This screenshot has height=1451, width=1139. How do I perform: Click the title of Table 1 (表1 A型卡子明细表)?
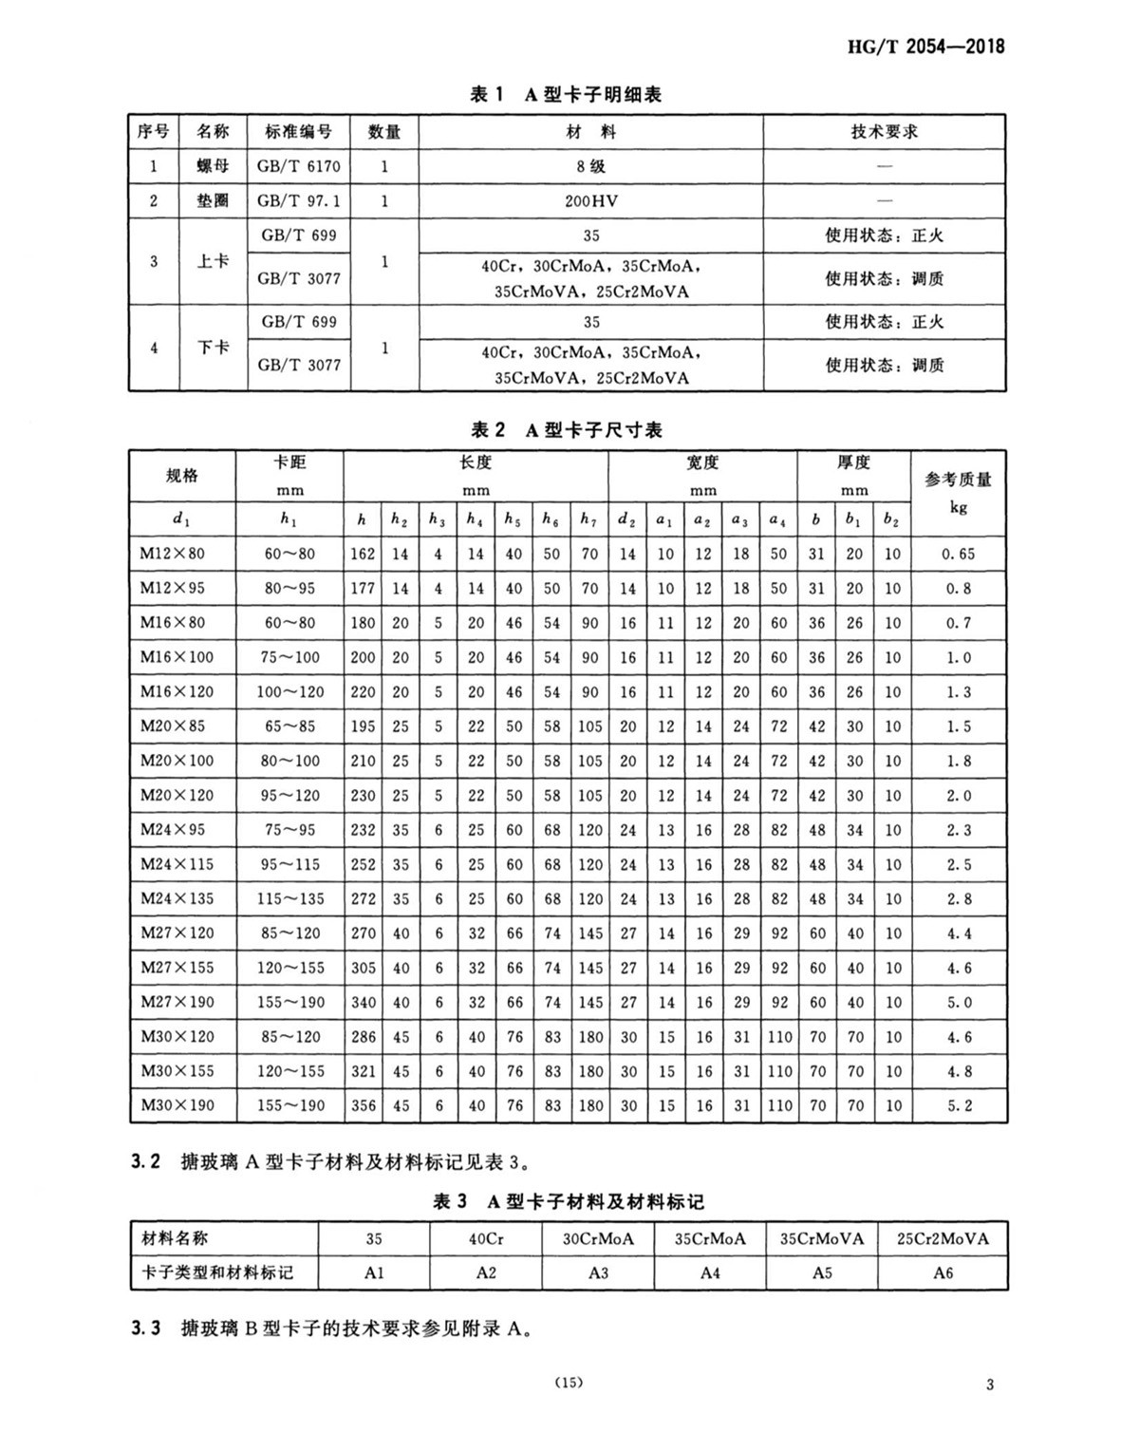567,94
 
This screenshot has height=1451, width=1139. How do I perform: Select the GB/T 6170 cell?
298,166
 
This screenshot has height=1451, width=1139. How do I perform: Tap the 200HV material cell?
590,201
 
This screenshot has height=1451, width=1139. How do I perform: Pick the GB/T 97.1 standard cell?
298,201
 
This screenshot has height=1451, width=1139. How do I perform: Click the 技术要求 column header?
884,132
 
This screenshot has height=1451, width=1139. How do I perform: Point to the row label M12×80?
173,554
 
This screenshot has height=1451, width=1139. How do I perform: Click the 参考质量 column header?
958,480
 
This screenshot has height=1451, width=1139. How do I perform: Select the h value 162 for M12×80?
363,554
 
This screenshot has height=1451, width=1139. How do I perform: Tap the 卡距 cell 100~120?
289,692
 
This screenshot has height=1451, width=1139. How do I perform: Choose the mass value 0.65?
959,554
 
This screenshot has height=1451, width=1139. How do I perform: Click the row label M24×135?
177,898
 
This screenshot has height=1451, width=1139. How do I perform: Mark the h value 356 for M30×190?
363,1105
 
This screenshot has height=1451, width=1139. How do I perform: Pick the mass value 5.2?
959,1105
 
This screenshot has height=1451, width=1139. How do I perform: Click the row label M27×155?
177,968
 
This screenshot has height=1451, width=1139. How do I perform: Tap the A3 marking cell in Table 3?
598,1272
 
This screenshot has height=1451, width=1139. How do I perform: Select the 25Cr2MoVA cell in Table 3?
943,1238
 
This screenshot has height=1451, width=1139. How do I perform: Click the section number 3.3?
146,1329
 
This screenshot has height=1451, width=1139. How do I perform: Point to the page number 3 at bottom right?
990,1385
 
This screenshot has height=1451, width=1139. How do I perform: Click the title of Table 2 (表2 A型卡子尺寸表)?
567,430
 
